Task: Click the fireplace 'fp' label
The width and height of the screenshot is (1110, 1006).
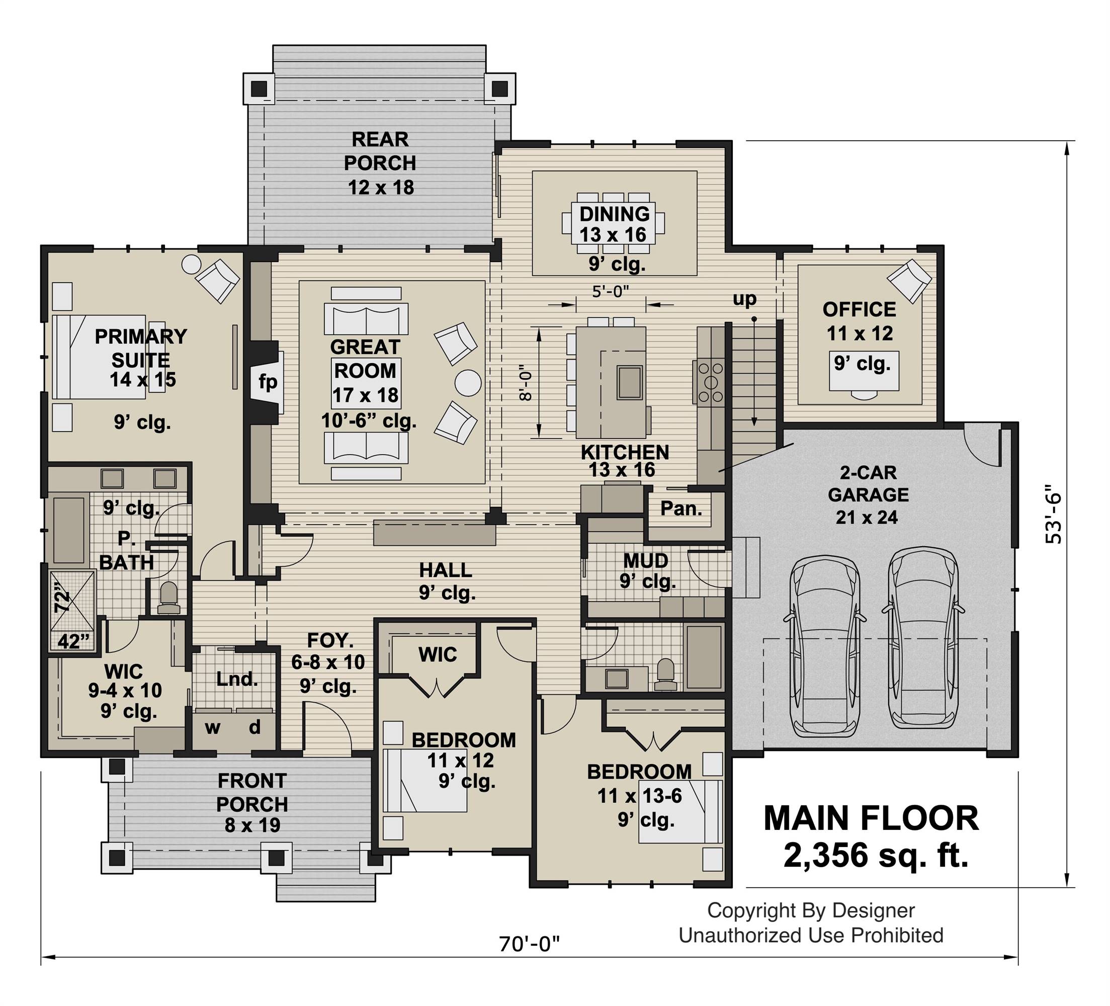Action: click(268, 382)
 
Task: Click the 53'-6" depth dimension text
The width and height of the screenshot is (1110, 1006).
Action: click(1052, 514)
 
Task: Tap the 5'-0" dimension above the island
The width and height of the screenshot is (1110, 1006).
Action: click(611, 291)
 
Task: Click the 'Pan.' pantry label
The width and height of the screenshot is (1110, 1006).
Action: click(681, 508)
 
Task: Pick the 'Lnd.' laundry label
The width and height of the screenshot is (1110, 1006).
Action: click(237, 679)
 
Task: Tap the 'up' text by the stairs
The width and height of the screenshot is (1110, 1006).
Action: click(744, 299)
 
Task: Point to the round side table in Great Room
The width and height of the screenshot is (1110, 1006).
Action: click(468, 382)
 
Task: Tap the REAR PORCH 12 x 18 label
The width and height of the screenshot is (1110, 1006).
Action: click(380, 163)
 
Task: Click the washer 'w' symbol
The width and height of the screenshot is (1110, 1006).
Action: click(213, 728)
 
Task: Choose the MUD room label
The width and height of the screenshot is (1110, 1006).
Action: click(645, 560)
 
